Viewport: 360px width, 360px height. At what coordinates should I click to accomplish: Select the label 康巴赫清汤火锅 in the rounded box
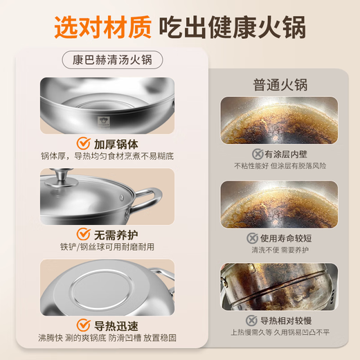click(x=112, y=60)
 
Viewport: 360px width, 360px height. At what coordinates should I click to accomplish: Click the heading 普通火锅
click(x=280, y=85)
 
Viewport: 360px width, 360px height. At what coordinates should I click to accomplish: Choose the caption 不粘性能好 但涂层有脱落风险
click(x=279, y=166)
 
